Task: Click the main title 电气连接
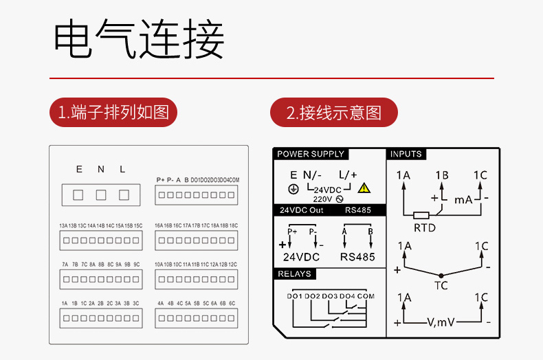140,40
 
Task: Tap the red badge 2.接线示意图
333,112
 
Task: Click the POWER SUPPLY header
311,154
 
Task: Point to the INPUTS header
406,154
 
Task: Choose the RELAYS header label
295,273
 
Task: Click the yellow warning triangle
364,187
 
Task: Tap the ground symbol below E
293,188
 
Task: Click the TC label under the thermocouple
441,285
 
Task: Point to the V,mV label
441,322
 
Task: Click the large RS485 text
357,257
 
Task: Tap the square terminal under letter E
78,195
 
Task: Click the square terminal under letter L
124,195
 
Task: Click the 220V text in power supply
322,198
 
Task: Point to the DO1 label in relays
295,296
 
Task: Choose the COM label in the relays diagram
366,296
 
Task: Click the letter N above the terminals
101,169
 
